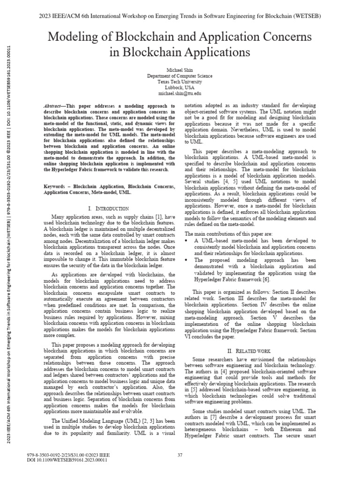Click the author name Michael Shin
point(180,69)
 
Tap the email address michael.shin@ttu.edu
point(180,94)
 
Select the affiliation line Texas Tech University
point(180,82)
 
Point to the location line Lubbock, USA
point(180,88)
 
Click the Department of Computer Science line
point(180,75)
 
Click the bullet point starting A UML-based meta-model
point(187,240)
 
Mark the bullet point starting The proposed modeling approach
point(187,259)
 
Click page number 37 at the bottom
point(180,455)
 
